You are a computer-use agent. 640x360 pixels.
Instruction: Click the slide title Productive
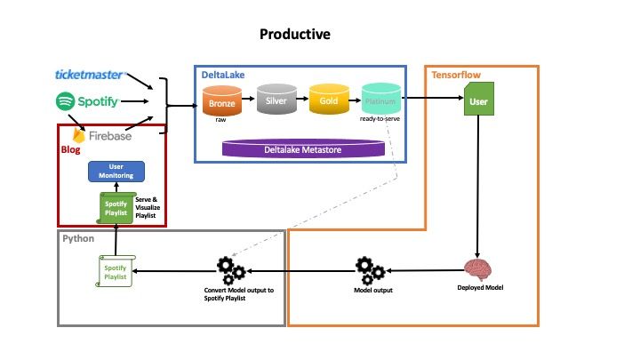[x=295, y=35]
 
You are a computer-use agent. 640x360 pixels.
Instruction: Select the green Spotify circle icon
[x=64, y=101]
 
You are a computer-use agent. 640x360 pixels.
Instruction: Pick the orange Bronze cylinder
[x=222, y=100]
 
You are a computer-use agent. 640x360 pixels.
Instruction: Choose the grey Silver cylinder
[x=275, y=100]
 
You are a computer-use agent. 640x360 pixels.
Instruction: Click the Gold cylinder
[x=327, y=100]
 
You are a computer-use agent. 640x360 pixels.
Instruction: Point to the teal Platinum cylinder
[x=380, y=100]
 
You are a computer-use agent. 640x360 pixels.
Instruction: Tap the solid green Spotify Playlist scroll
[x=116, y=210]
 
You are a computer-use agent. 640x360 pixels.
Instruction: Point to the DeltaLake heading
[x=223, y=76]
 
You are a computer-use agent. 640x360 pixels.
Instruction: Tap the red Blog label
[x=70, y=150]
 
